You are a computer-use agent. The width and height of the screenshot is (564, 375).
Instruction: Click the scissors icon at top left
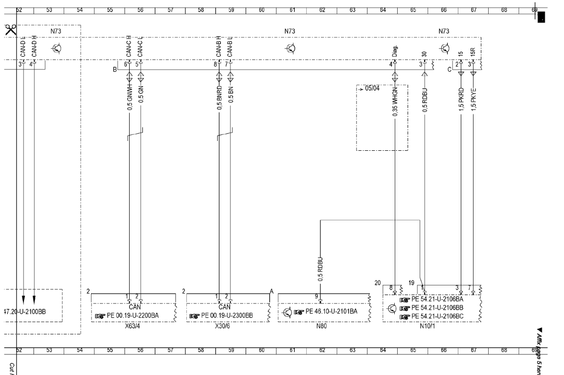[10, 29]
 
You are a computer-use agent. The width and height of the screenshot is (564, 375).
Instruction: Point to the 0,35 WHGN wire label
[394, 101]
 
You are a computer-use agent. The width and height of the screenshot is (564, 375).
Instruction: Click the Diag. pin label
[395, 51]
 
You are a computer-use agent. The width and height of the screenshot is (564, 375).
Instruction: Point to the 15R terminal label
[473, 52]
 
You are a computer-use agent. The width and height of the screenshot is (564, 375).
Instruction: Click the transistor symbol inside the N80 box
[288, 311]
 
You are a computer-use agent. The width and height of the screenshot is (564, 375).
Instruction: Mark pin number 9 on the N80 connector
[316, 296]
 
